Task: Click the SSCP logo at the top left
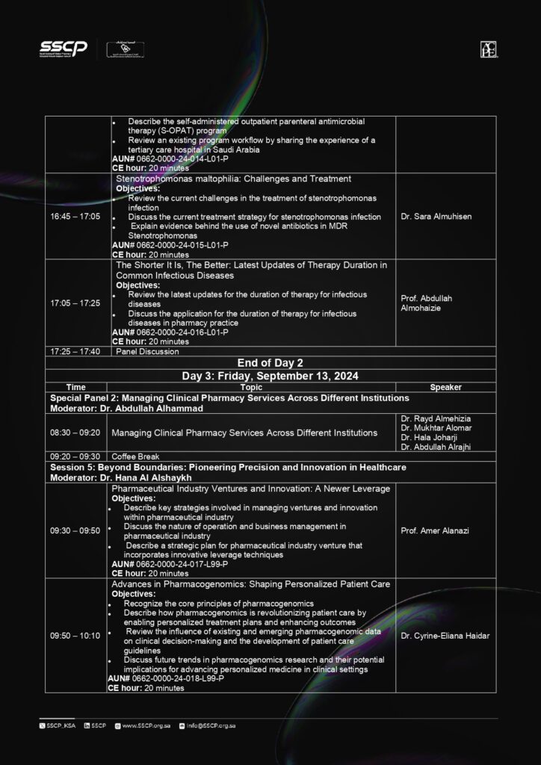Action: (x=64, y=49)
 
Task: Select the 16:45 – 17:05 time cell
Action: (x=75, y=217)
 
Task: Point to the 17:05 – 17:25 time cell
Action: (x=75, y=303)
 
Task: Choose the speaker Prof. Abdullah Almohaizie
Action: (x=427, y=303)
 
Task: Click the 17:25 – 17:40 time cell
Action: (x=75, y=351)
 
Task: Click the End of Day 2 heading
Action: (x=269, y=362)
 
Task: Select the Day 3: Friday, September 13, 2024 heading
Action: (x=269, y=375)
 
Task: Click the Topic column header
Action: (x=251, y=388)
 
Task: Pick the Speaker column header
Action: (x=445, y=388)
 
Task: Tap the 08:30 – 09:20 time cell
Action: (x=75, y=433)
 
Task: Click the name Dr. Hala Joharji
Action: (x=427, y=438)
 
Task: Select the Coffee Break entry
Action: (x=135, y=456)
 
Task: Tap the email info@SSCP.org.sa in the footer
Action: (x=211, y=725)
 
